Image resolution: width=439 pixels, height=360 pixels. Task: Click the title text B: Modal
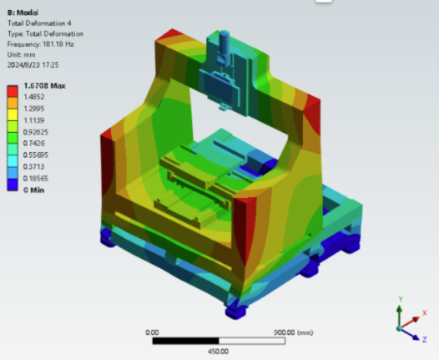click(23, 13)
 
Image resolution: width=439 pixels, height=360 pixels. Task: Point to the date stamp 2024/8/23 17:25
click(33, 65)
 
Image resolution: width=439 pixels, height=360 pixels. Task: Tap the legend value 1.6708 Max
click(44, 86)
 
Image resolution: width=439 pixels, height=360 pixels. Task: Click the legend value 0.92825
click(36, 132)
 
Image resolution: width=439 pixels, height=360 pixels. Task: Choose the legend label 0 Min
click(33, 190)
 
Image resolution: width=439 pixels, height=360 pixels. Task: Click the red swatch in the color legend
click(13, 91)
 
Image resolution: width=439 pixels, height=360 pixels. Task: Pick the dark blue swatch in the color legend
click(13, 185)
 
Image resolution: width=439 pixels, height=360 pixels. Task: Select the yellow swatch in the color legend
click(13, 114)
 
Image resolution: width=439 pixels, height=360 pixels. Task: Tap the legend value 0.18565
click(36, 178)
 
